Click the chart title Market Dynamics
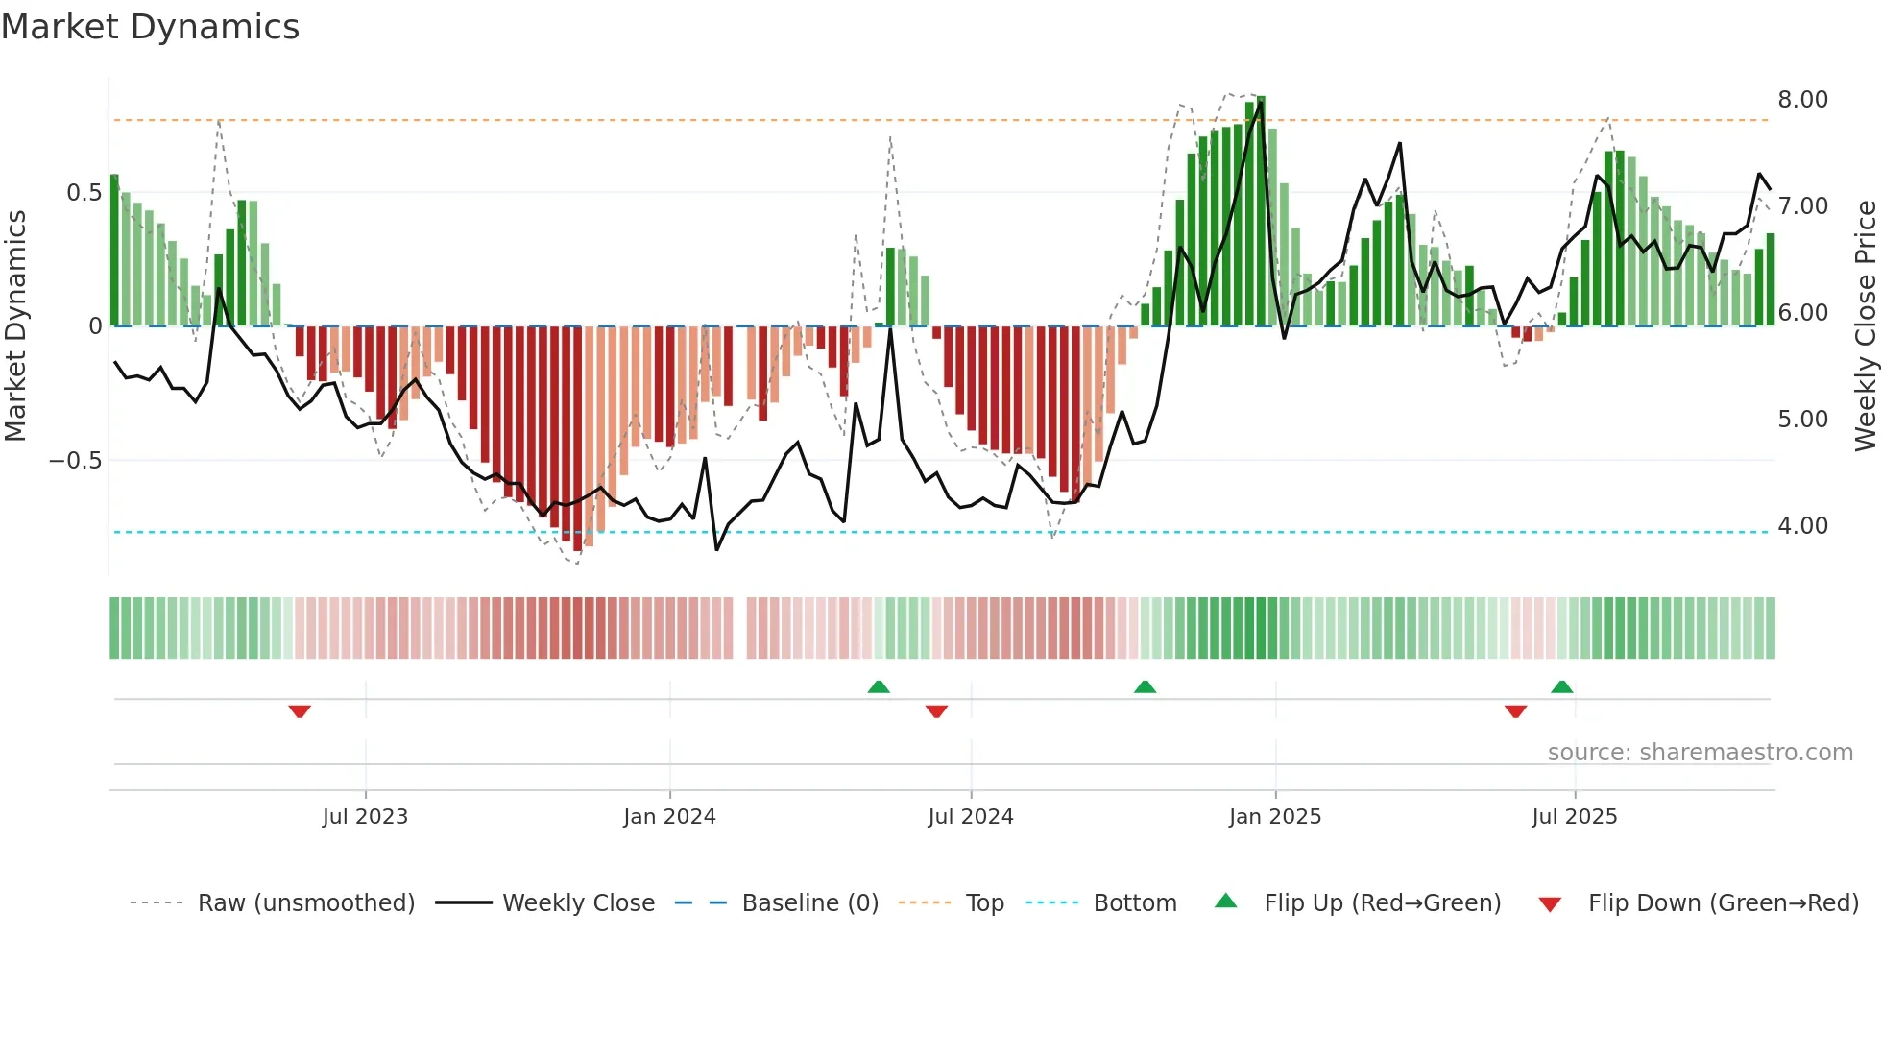click(x=151, y=27)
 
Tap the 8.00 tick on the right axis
click(x=1802, y=100)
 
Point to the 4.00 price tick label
click(x=1802, y=526)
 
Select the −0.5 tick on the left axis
click(x=75, y=461)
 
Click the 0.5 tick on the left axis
click(x=84, y=193)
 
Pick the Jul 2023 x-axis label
click(x=365, y=817)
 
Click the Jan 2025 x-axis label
click(x=1274, y=817)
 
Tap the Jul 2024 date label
click(x=970, y=817)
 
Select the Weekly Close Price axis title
click(x=1865, y=325)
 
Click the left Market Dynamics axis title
click(x=15, y=325)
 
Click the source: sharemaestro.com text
click(x=1700, y=753)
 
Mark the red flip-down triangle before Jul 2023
click(x=300, y=711)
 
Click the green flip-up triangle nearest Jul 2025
click(x=1561, y=686)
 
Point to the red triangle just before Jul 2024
click(x=936, y=711)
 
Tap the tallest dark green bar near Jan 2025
click(x=1261, y=211)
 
